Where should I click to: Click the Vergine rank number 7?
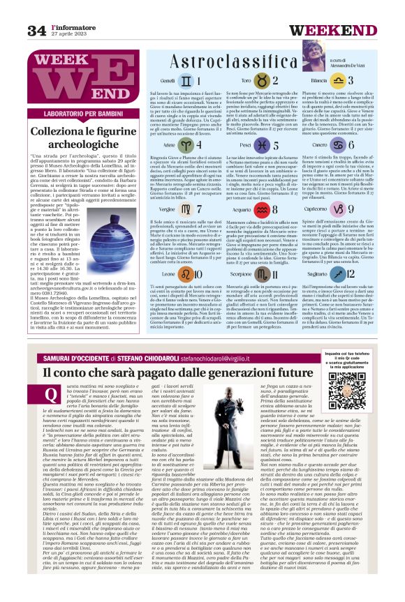tap(198, 209)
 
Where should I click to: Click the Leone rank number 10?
tap(197, 275)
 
